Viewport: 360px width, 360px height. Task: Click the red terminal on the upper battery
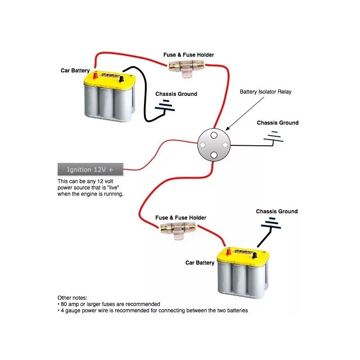95,75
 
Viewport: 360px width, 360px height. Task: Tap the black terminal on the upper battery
121,79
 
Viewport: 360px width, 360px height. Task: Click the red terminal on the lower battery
229,252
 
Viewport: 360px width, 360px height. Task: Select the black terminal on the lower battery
254,255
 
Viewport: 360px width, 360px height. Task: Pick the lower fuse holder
178,230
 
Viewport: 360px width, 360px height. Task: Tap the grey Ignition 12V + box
90,170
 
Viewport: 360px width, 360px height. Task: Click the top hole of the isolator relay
214,135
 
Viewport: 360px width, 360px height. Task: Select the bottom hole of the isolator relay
214,155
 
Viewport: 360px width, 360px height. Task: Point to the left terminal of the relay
202,144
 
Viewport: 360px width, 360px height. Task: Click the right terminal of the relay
225,144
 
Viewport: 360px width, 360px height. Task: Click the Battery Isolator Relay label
265,92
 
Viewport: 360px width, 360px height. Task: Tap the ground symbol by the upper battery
165,106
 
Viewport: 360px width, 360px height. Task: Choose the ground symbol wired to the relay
273,137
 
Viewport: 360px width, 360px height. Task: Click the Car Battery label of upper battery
75,71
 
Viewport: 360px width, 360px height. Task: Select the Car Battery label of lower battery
200,263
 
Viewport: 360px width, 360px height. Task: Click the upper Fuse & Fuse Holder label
189,54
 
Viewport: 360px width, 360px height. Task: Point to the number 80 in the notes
63,304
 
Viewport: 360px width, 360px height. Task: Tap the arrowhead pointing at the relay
228,128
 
